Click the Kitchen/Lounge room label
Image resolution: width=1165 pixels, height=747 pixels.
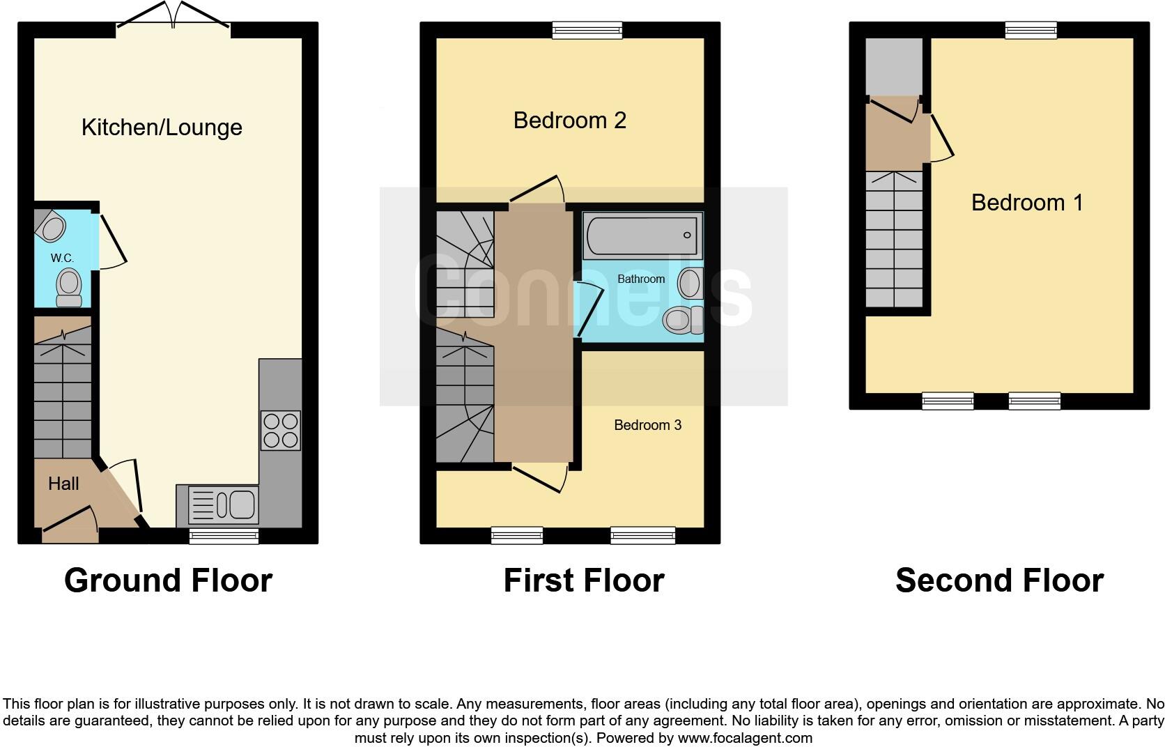pos(162,128)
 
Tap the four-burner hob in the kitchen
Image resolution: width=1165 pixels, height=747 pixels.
pos(280,431)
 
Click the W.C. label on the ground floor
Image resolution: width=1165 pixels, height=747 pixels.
pos(62,259)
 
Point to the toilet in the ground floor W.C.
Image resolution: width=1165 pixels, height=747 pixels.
pos(68,288)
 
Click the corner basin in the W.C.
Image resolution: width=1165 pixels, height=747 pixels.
pos(51,226)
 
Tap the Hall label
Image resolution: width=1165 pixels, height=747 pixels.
pos(63,484)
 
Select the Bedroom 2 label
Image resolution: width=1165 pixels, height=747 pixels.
pos(569,121)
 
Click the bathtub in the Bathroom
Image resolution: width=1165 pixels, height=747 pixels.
pos(642,236)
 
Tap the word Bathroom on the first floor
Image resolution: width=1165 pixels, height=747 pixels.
pos(641,279)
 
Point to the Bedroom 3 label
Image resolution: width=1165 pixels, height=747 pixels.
pos(647,425)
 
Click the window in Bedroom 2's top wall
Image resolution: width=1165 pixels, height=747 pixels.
pos(587,30)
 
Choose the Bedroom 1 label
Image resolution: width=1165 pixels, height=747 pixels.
pos(1027,203)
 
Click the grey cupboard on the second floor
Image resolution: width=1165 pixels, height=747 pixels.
pos(894,66)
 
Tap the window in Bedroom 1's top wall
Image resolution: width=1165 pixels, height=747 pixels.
pos(1031,30)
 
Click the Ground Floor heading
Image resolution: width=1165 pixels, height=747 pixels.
pos(168,580)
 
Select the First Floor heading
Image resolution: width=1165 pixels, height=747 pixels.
pos(584,580)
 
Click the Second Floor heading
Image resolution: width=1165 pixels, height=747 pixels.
pos(999,580)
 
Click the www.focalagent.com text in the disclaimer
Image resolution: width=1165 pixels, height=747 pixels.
pos(745,738)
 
